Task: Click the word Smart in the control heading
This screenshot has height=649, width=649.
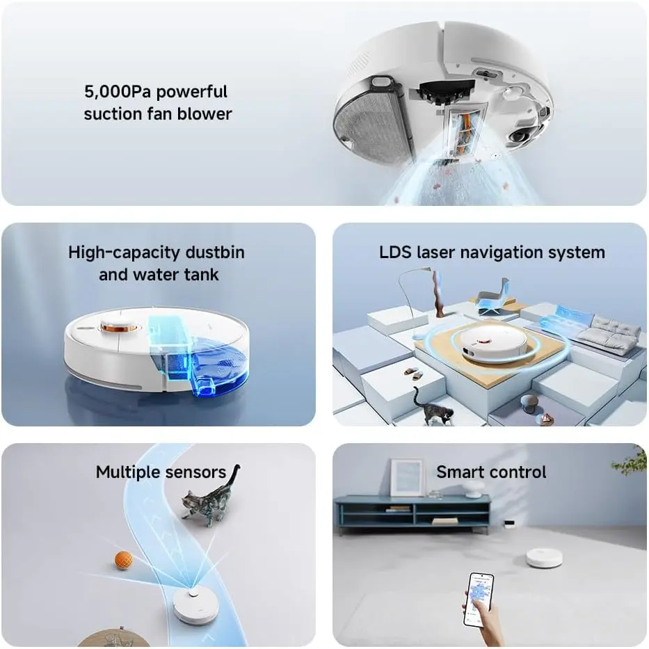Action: [x=459, y=472]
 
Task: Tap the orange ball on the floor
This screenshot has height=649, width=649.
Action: [x=123, y=561]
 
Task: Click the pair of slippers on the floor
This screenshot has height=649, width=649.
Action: [x=413, y=374]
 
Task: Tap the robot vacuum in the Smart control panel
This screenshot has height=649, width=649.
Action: [x=544, y=557]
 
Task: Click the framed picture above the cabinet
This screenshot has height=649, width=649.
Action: [x=408, y=476]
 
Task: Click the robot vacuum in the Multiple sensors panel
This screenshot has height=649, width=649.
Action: [x=195, y=605]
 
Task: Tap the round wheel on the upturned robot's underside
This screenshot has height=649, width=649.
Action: [x=522, y=136]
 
